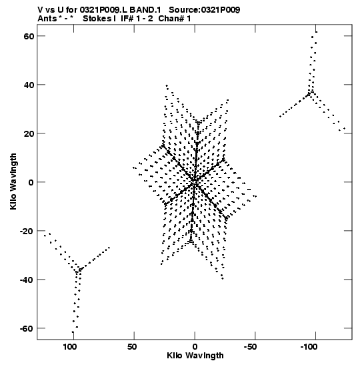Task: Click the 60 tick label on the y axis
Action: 29,36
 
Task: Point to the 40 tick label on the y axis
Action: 29,85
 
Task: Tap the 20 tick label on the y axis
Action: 29,133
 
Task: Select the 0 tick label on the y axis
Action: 31,182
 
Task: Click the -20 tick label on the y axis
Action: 27,231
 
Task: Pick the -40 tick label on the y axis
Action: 27,280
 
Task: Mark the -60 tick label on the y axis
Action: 27,328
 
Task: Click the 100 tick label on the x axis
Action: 70,347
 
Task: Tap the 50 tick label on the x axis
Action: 132,347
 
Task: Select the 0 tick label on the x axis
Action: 195,347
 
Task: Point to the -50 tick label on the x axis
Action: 250,347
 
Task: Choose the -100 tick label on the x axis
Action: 309,347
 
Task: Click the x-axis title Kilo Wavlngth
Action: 195,356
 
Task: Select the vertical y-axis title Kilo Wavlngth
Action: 13,181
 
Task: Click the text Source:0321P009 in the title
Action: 205,10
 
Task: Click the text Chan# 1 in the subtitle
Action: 175,19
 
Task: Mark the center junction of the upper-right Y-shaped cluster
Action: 311,93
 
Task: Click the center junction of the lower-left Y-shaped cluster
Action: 79,271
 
